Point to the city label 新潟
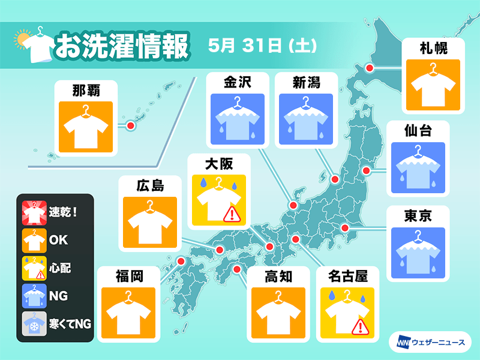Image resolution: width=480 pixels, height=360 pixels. [x=307, y=82]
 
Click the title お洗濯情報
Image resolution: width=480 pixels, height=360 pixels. [x=122, y=46]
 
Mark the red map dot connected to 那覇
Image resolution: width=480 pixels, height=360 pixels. [x=130, y=125]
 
